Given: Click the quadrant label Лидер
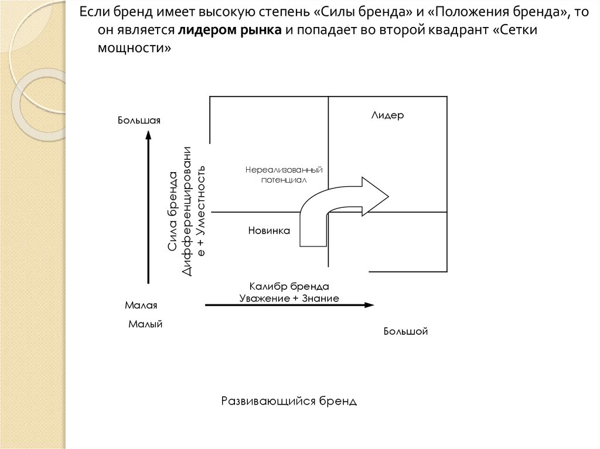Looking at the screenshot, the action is pos(387,115).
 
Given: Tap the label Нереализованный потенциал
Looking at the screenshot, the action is pos(284,175).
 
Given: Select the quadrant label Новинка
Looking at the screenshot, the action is pos(270,231).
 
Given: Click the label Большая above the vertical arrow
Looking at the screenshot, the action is pos(139,121).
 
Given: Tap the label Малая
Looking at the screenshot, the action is pos(142,306).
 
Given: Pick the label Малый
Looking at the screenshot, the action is pos(145,324).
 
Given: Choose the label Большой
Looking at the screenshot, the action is pos(406,332).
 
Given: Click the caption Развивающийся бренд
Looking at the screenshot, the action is pos(289,401).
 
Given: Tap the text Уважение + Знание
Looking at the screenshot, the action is pos(289,298).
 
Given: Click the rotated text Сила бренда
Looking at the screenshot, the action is pos(172,211).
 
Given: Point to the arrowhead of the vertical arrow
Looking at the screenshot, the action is pos(148,136).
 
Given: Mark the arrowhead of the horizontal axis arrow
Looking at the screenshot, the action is pos(369,305).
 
